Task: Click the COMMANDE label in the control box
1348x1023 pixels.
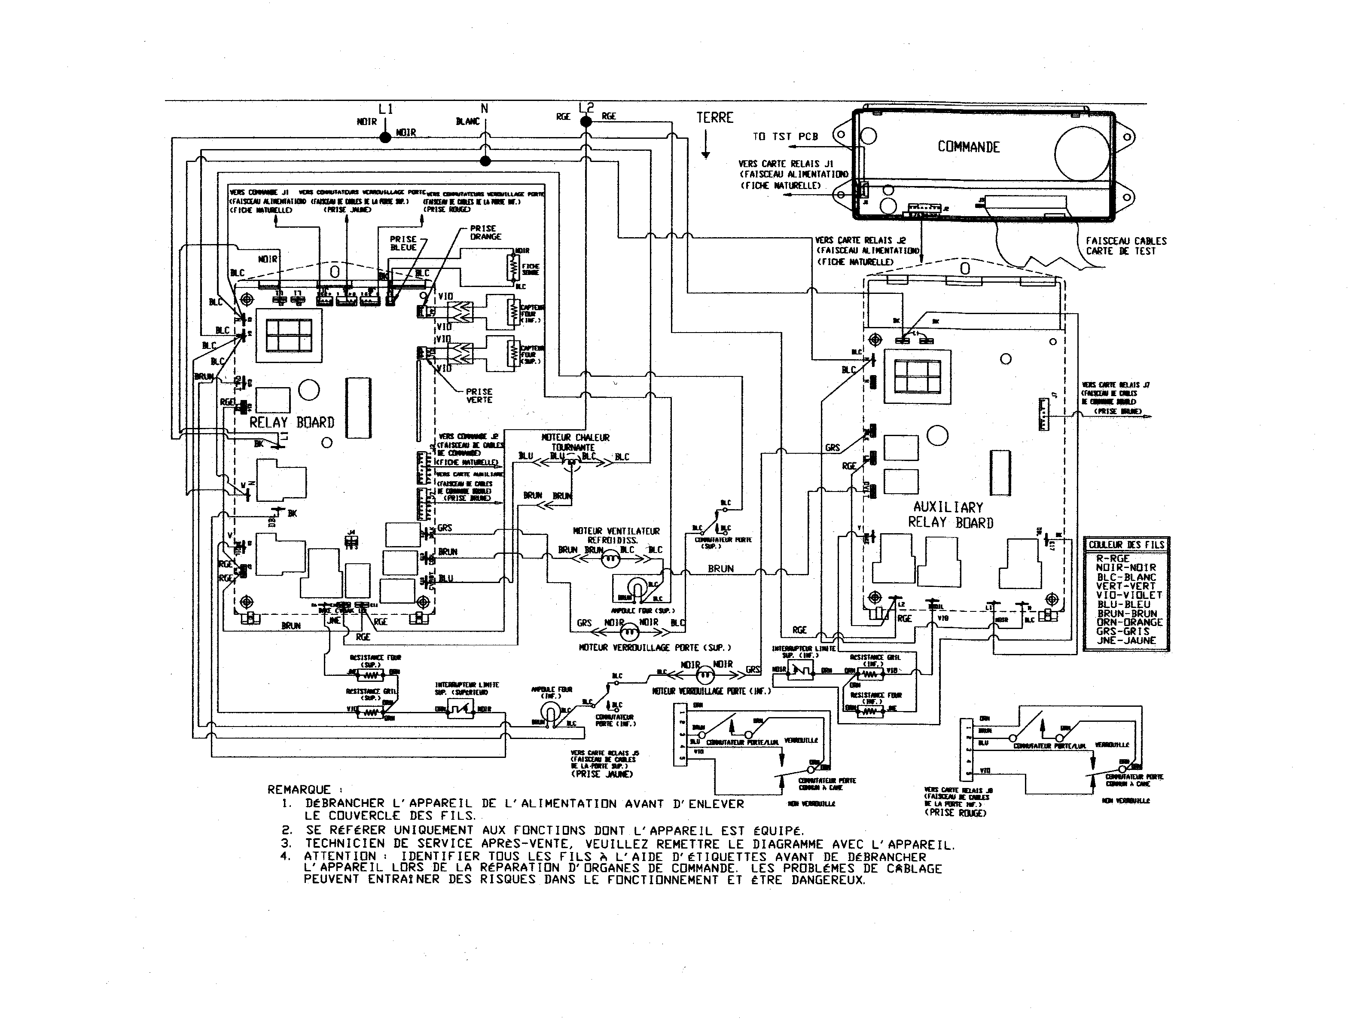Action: (968, 147)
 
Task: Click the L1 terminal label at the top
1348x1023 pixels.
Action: (386, 109)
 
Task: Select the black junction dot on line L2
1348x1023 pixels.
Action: (585, 122)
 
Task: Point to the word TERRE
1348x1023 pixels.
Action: (715, 118)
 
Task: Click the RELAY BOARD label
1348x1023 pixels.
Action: (292, 422)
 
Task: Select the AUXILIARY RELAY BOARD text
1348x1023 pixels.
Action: (950, 515)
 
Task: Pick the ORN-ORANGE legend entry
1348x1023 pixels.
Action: (1129, 623)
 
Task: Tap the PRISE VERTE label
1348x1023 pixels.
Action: (479, 396)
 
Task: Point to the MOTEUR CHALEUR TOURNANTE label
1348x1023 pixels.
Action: (575, 442)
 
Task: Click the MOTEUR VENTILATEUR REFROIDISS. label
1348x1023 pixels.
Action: (616, 535)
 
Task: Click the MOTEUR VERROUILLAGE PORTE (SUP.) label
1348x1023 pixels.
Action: (655, 647)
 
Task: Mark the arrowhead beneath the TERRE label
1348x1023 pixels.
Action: (706, 156)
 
